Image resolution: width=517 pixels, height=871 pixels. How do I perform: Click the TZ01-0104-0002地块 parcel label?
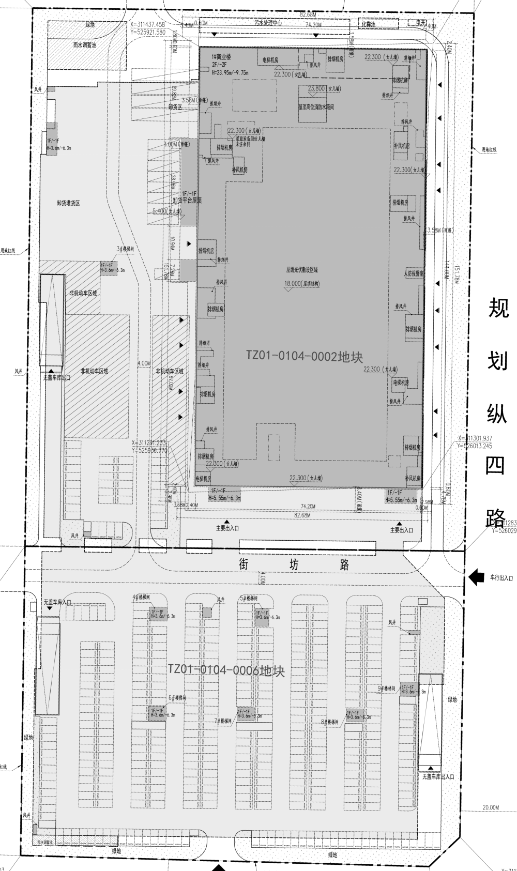tap(305, 356)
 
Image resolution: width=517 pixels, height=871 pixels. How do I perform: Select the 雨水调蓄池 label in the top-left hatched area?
tap(84, 45)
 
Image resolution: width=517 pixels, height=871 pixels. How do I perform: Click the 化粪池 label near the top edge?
tap(368, 24)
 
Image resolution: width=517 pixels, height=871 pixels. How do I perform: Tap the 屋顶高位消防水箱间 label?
tap(316, 108)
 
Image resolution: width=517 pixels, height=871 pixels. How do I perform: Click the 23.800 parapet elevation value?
tap(316, 88)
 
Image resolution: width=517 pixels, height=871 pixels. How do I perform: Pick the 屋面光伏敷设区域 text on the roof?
tap(302, 269)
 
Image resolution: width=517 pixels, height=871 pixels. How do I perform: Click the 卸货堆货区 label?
tap(68, 203)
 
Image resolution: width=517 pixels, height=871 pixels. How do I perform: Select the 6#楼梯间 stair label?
tap(177, 697)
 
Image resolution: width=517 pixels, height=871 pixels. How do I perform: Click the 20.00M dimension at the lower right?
tap(490, 807)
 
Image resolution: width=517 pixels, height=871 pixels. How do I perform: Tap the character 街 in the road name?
tap(245, 564)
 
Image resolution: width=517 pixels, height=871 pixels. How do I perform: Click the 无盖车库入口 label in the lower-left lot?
tap(57, 602)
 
